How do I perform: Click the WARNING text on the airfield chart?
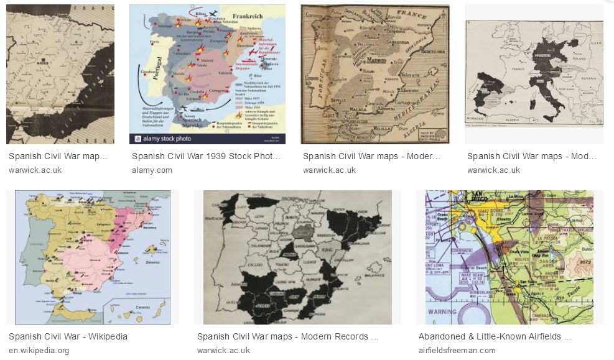pyautogui.click(x=442, y=312)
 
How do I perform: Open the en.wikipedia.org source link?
pyautogui.click(x=39, y=350)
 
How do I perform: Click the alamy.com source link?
pyautogui.click(x=152, y=170)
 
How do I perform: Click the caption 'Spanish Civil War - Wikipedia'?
pyautogui.click(x=68, y=336)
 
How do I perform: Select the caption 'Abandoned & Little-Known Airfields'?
pyautogui.click(x=495, y=336)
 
